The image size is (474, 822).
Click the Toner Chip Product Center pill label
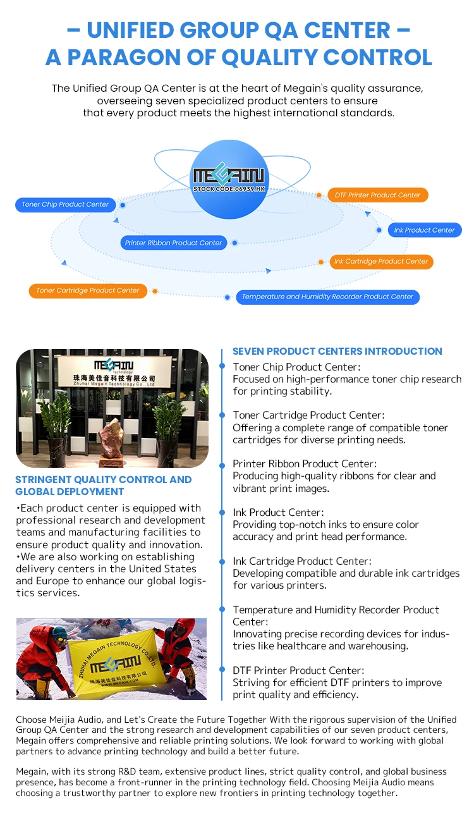pos(65,204)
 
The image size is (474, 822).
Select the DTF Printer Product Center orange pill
pos(377,195)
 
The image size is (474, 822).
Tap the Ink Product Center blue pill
pos(424,230)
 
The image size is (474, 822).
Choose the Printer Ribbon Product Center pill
pos(173,243)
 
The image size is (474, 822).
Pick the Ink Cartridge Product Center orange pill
pos(381,261)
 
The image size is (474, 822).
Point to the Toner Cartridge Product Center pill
pos(87,290)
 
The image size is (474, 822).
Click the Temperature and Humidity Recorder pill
pos(327,297)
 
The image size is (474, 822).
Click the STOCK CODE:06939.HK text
pos(229,188)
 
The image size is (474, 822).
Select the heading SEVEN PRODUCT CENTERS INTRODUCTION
pos(337,351)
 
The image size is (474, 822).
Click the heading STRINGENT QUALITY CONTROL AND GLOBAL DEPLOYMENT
pos(103,485)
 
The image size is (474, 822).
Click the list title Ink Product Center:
pos(278,512)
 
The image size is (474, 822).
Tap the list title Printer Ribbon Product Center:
pos(305,463)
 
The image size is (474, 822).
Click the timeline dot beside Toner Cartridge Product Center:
pos(222,415)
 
